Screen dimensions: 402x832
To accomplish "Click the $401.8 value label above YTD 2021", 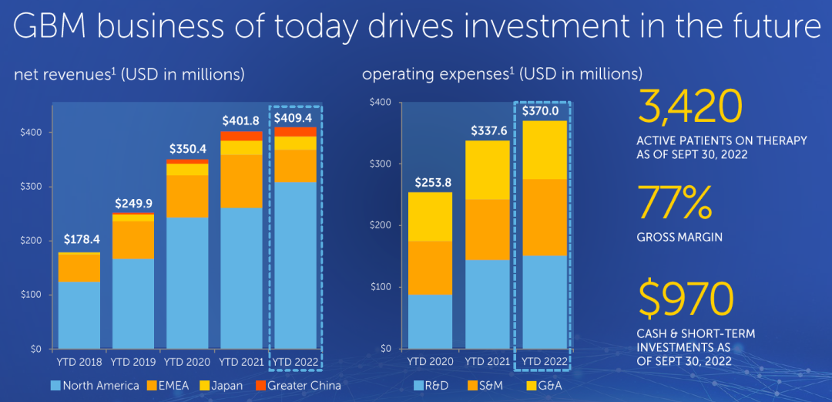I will pyautogui.click(x=242, y=121).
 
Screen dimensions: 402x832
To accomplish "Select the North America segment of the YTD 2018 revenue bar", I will pyautogui.click(x=79, y=315).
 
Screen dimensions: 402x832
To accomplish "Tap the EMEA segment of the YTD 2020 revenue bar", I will pyautogui.click(x=187, y=196).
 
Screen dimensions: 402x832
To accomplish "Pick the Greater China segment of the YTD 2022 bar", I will pyautogui.click(x=296, y=131).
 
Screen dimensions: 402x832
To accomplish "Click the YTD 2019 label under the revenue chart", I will pyautogui.click(x=133, y=361).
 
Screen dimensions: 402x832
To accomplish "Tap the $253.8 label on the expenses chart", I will pyautogui.click(x=430, y=182).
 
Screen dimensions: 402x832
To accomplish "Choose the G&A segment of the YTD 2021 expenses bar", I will pyautogui.click(x=487, y=170).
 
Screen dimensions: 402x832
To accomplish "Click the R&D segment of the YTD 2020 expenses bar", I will pyautogui.click(x=430, y=321).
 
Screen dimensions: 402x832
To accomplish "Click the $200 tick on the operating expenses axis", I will pyautogui.click(x=381, y=225).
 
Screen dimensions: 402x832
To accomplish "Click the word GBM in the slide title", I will pyautogui.click(x=54, y=28).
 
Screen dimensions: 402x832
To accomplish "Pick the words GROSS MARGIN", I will pyautogui.click(x=679, y=238).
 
